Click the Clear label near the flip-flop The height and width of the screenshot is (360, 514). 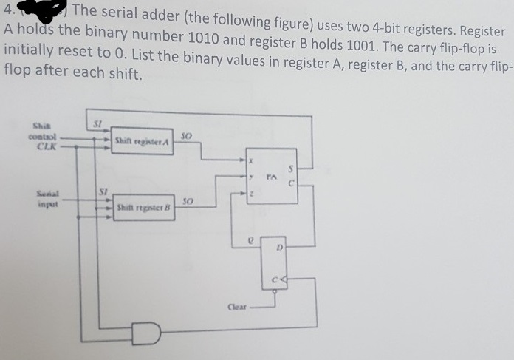click(237, 305)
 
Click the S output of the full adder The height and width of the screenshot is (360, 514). click(290, 168)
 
